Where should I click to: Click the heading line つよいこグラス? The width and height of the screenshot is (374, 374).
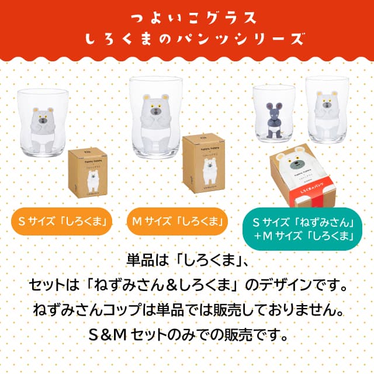pos(187,17)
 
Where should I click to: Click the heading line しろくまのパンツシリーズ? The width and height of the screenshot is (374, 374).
pos(187,39)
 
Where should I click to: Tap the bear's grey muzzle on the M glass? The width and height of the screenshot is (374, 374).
pos(156,110)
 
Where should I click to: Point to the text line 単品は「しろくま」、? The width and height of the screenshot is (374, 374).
pos(187,258)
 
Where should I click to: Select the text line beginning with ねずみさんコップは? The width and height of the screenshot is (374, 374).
pos(187,310)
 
